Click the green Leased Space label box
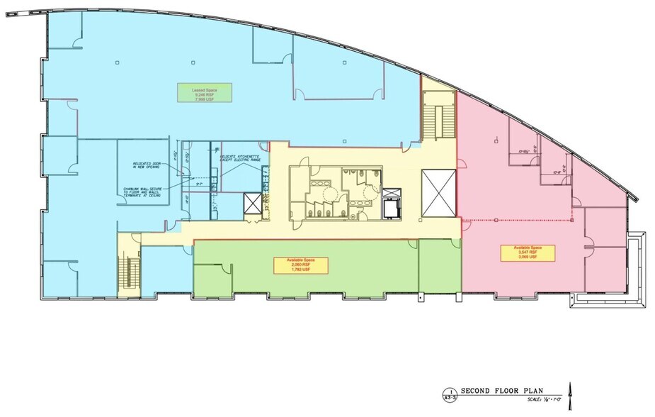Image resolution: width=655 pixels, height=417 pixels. click(x=203, y=94)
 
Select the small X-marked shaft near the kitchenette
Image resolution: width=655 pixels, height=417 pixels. click(x=251, y=204)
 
